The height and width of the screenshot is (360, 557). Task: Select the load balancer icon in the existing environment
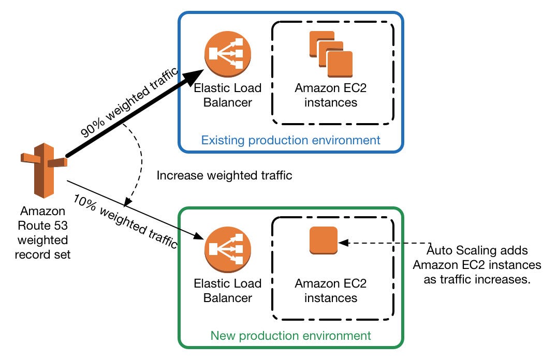point(228,54)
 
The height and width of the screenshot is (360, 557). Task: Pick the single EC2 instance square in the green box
point(323,241)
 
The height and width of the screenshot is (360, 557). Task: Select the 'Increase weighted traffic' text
point(224,175)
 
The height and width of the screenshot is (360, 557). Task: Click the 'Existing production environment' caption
point(290,140)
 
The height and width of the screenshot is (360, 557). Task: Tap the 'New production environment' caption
point(290,335)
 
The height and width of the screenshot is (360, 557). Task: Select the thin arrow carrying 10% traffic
point(135,208)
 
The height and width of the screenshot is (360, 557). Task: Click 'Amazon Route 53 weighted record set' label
point(43,233)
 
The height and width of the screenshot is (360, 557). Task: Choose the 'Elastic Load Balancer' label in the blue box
point(228,95)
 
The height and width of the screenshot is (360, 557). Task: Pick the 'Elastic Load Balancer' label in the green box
point(228,290)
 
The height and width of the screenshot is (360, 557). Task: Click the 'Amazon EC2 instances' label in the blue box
point(331,95)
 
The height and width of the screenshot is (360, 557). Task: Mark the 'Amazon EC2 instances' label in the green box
point(331,290)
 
